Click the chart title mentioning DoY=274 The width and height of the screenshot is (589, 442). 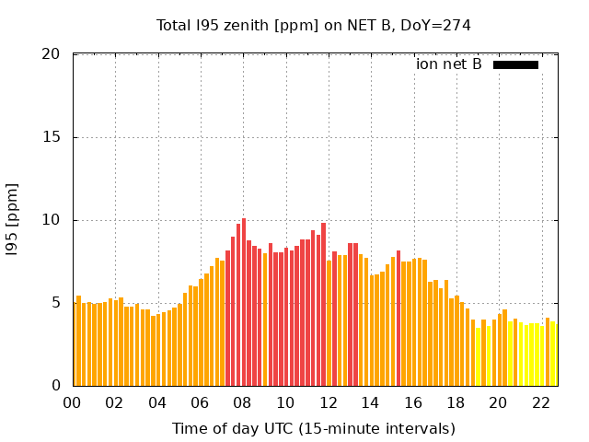point(313,26)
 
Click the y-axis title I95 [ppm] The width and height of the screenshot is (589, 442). point(13,219)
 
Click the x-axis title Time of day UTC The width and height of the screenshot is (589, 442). point(313,428)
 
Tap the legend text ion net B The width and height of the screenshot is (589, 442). point(448,64)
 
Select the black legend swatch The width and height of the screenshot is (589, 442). point(515,64)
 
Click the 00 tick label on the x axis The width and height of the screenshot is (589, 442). point(73,402)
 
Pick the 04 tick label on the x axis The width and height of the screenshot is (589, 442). point(157,402)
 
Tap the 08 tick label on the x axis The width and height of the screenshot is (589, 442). point(243,402)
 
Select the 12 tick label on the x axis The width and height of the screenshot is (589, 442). point(328,402)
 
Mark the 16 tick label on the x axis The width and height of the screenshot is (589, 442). point(412,402)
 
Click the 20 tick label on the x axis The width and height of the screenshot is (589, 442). point(498,402)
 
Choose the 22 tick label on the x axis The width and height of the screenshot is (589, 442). point(540,402)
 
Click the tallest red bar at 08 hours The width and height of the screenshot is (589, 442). point(244,304)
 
